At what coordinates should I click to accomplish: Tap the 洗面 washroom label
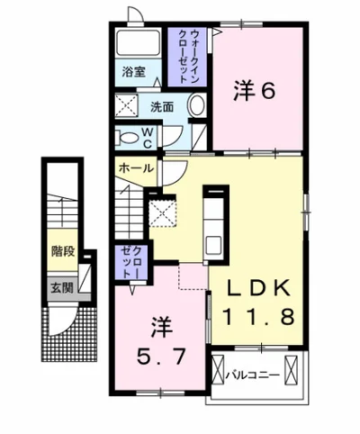coord(163,106)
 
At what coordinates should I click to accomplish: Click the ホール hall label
coord(134,168)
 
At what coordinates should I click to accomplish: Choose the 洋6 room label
coord(254,91)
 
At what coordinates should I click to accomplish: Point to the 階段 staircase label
coord(61,253)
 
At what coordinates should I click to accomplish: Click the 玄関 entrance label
coord(61,290)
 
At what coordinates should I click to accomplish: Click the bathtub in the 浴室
coord(138,43)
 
